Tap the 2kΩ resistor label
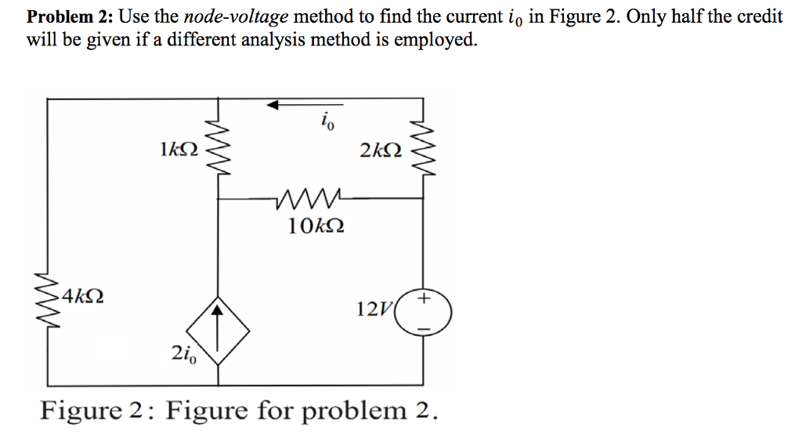(381, 149)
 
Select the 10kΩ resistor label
(314, 227)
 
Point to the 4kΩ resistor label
(84, 297)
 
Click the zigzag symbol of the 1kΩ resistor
(218, 149)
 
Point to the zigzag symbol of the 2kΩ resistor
(424, 149)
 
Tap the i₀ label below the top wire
(325, 121)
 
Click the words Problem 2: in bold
(70, 17)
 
